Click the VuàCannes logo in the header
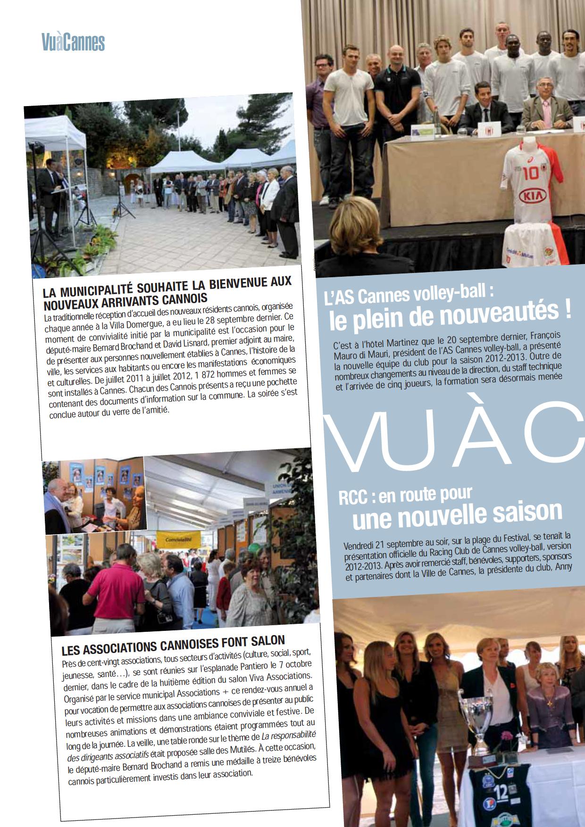tap(73, 42)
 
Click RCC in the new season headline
tap(352, 497)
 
